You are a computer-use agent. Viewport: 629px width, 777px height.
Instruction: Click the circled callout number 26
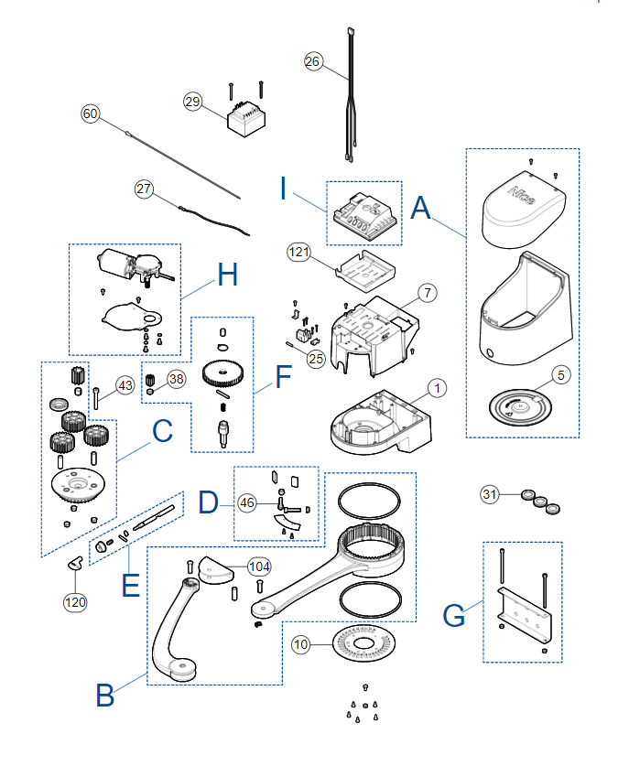(x=313, y=61)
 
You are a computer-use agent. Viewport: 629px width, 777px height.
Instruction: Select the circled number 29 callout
(x=192, y=102)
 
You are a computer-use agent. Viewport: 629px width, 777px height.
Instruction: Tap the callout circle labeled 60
(x=91, y=113)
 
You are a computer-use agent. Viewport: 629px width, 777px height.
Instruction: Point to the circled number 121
(x=298, y=253)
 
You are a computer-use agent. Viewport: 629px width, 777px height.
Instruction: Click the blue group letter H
(x=227, y=274)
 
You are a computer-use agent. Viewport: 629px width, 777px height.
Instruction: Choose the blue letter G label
(x=453, y=615)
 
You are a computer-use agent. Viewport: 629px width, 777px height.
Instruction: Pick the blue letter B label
(x=105, y=695)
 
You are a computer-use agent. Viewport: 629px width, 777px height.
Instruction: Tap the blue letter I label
(x=283, y=189)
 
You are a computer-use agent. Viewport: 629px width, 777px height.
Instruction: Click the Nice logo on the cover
(x=522, y=195)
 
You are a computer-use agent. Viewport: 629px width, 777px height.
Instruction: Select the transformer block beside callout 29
(x=246, y=118)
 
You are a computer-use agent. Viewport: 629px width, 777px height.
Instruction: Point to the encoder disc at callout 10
(x=363, y=643)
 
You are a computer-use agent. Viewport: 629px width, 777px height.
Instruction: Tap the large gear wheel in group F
(x=223, y=372)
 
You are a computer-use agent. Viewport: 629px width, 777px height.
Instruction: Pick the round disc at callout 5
(x=520, y=407)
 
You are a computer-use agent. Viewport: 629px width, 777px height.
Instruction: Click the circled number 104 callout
(x=259, y=567)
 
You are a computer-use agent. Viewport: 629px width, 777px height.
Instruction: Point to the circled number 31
(x=489, y=494)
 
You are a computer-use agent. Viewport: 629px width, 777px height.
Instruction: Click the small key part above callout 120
(x=75, y=563)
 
